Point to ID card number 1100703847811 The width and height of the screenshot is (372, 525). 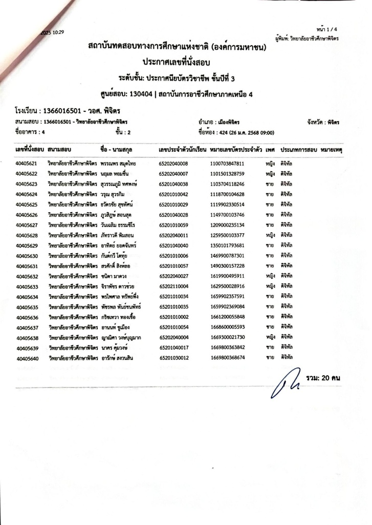pyautogui.click(x=227, y=164)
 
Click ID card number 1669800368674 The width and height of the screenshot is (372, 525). pyautogui.click(x=227, y=358)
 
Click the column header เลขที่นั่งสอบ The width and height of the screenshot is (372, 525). pyautogui.click(x=30, y=150)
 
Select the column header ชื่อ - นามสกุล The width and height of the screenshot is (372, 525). pyautogui.click(x=121, y=150)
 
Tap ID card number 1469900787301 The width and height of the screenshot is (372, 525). pyautogui.click(x=227, y=255)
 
